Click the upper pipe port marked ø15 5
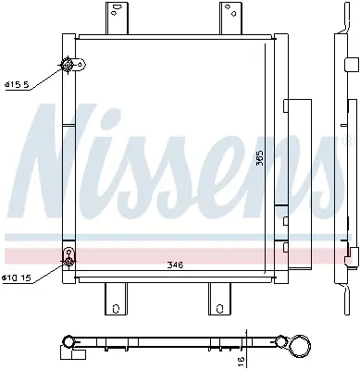[68, 64]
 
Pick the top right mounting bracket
[231, 17]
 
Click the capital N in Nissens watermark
[65, 162]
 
